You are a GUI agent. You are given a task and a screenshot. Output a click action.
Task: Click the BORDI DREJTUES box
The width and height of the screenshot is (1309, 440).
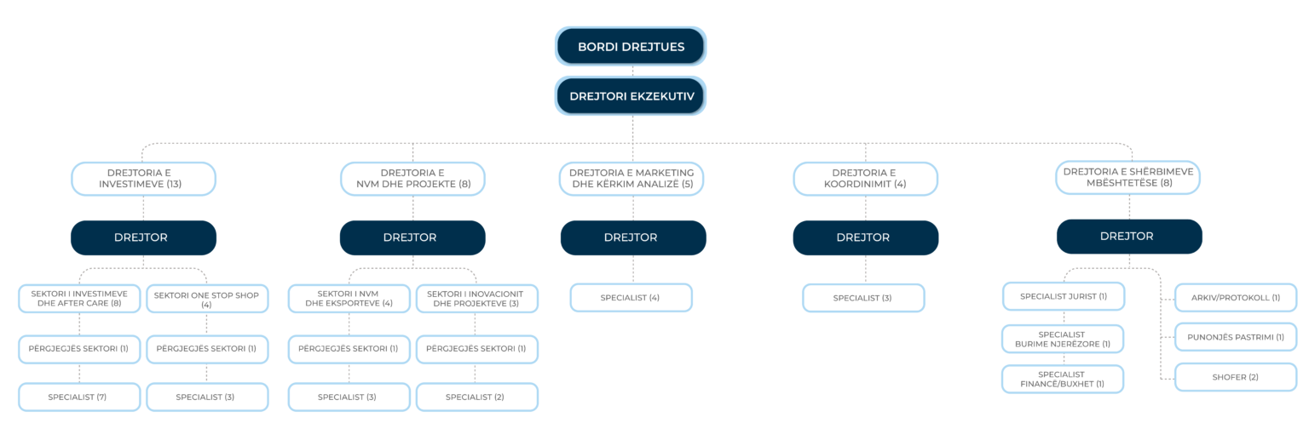pyautogui.click(x=631, y=46)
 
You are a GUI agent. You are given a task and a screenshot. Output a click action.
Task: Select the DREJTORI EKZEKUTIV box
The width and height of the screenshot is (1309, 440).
pyautogui.click(x=631, y=95)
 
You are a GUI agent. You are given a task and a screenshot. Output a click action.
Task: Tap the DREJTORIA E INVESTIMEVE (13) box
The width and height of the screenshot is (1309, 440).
pyautogui.click(x=143, y=179)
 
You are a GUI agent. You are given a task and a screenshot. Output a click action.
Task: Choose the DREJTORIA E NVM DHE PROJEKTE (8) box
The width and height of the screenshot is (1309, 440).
pyautogui.click(x=412, y=179)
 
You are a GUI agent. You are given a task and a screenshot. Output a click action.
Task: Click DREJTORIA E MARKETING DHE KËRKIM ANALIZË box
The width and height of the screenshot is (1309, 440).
pyautogui.click(x=631, y=179)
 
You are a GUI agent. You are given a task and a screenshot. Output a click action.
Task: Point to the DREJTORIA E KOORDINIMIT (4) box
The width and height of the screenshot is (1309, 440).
pyautogui.click(x=866, y=179)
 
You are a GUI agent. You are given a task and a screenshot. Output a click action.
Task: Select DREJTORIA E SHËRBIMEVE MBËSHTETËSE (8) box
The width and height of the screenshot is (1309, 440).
pyautogui.click(x=1127, y=177)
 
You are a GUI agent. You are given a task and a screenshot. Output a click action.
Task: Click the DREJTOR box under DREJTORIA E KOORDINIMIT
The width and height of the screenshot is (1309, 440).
pyautogui.click(x=866, y=237)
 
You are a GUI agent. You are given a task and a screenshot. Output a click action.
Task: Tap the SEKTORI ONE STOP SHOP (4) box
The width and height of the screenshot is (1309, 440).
pyautogui.click(x=207, y=299)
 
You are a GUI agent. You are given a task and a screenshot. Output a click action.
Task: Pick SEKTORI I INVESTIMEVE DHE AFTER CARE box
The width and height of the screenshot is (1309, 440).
pyautogui.click(x=79, y=299)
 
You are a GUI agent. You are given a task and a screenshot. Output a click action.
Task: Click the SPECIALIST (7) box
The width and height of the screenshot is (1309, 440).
pyautogui.click(x=79, y=397)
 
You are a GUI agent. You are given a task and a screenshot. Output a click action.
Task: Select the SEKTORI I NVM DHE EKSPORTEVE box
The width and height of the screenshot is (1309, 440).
pyautogui.click(x=349, y=299)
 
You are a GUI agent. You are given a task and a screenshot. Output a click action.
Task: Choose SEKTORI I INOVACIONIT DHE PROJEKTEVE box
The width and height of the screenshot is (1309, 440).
pyautogui.click(x=477, y=299)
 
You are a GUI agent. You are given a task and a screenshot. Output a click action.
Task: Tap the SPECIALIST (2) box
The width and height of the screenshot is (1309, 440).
pyautogui.click(x=477, y=397)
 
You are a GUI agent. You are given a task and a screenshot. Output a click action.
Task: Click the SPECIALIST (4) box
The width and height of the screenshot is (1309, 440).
pyautogui.click(x=631, y=298)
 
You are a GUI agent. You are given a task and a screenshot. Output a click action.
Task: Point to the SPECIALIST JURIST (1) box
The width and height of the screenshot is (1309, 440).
pyautogui.click(x=1064, y=296)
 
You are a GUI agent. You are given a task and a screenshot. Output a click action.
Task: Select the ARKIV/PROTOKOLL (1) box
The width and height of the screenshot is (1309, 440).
pyautogui.click(x=1236, y=298)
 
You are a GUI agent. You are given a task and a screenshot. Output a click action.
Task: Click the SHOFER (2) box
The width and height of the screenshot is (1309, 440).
pyautogui.click(x=1236, y=377)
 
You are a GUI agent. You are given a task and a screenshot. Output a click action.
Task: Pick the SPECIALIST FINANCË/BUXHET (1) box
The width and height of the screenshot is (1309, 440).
pyautogui.click(x=1063, y=380)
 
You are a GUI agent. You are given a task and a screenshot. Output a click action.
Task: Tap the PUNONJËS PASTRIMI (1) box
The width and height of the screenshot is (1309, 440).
pyautogui.click(x=1236, y=337)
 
